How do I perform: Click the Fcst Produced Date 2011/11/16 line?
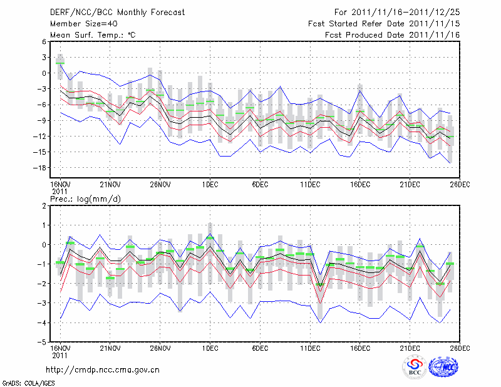(392, 35)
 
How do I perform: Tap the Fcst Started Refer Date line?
(384, 23)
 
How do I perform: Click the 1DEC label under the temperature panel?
(210, 185)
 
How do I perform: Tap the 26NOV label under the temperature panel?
(160, 185)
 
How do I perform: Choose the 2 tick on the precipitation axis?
(44, 205)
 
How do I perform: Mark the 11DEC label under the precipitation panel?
(310, 348)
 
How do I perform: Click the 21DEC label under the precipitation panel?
(410, 348)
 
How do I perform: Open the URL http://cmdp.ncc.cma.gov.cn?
(103, 369)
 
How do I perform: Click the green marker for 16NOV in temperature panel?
(60, 63)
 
